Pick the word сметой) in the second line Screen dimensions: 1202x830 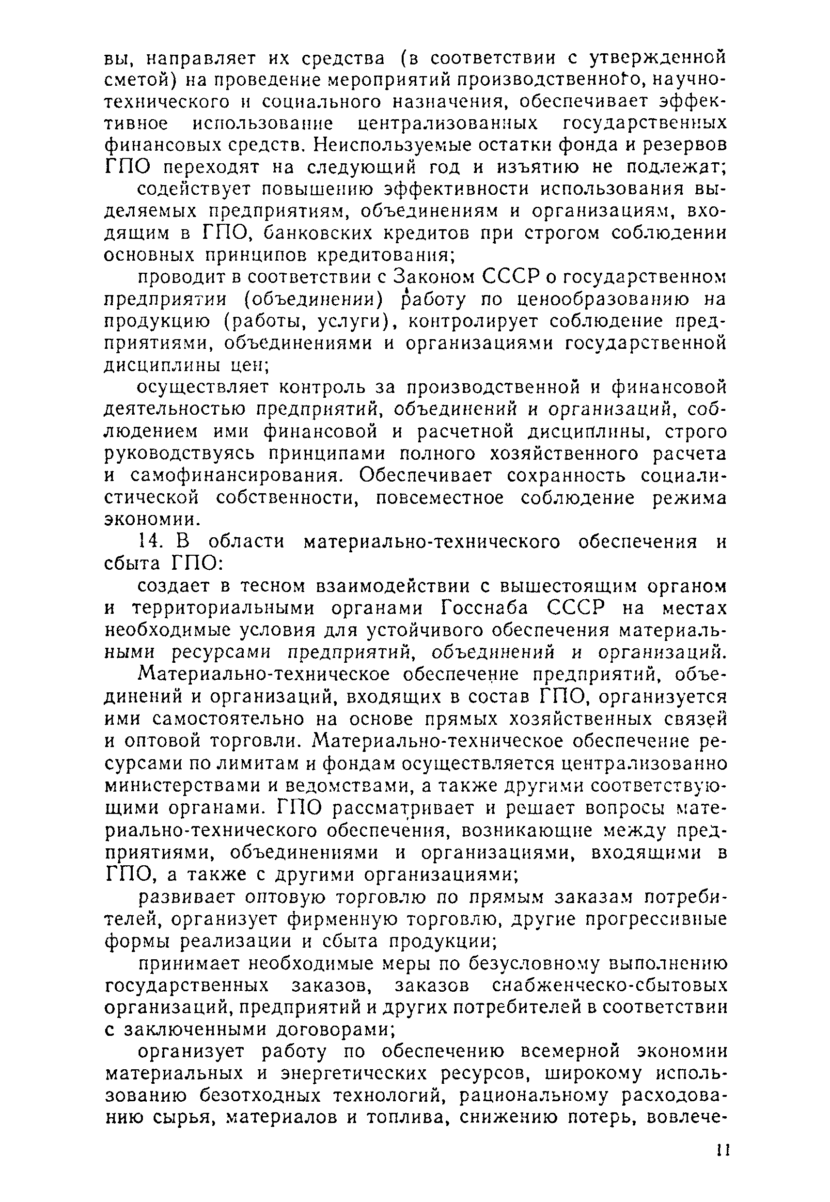137,79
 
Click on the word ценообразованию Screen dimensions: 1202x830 582,300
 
